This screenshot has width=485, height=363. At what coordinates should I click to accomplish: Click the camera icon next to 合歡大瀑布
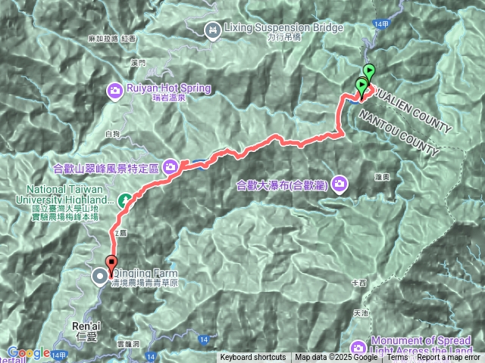pos(339,183)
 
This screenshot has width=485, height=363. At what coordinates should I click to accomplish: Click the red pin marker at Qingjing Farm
pos(112,265)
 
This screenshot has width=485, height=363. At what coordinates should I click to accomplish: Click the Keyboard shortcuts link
pos(253,358)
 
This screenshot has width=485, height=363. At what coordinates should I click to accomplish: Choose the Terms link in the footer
pos(396,358)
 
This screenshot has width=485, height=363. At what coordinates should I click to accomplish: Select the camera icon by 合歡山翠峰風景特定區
pos(173,166)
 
